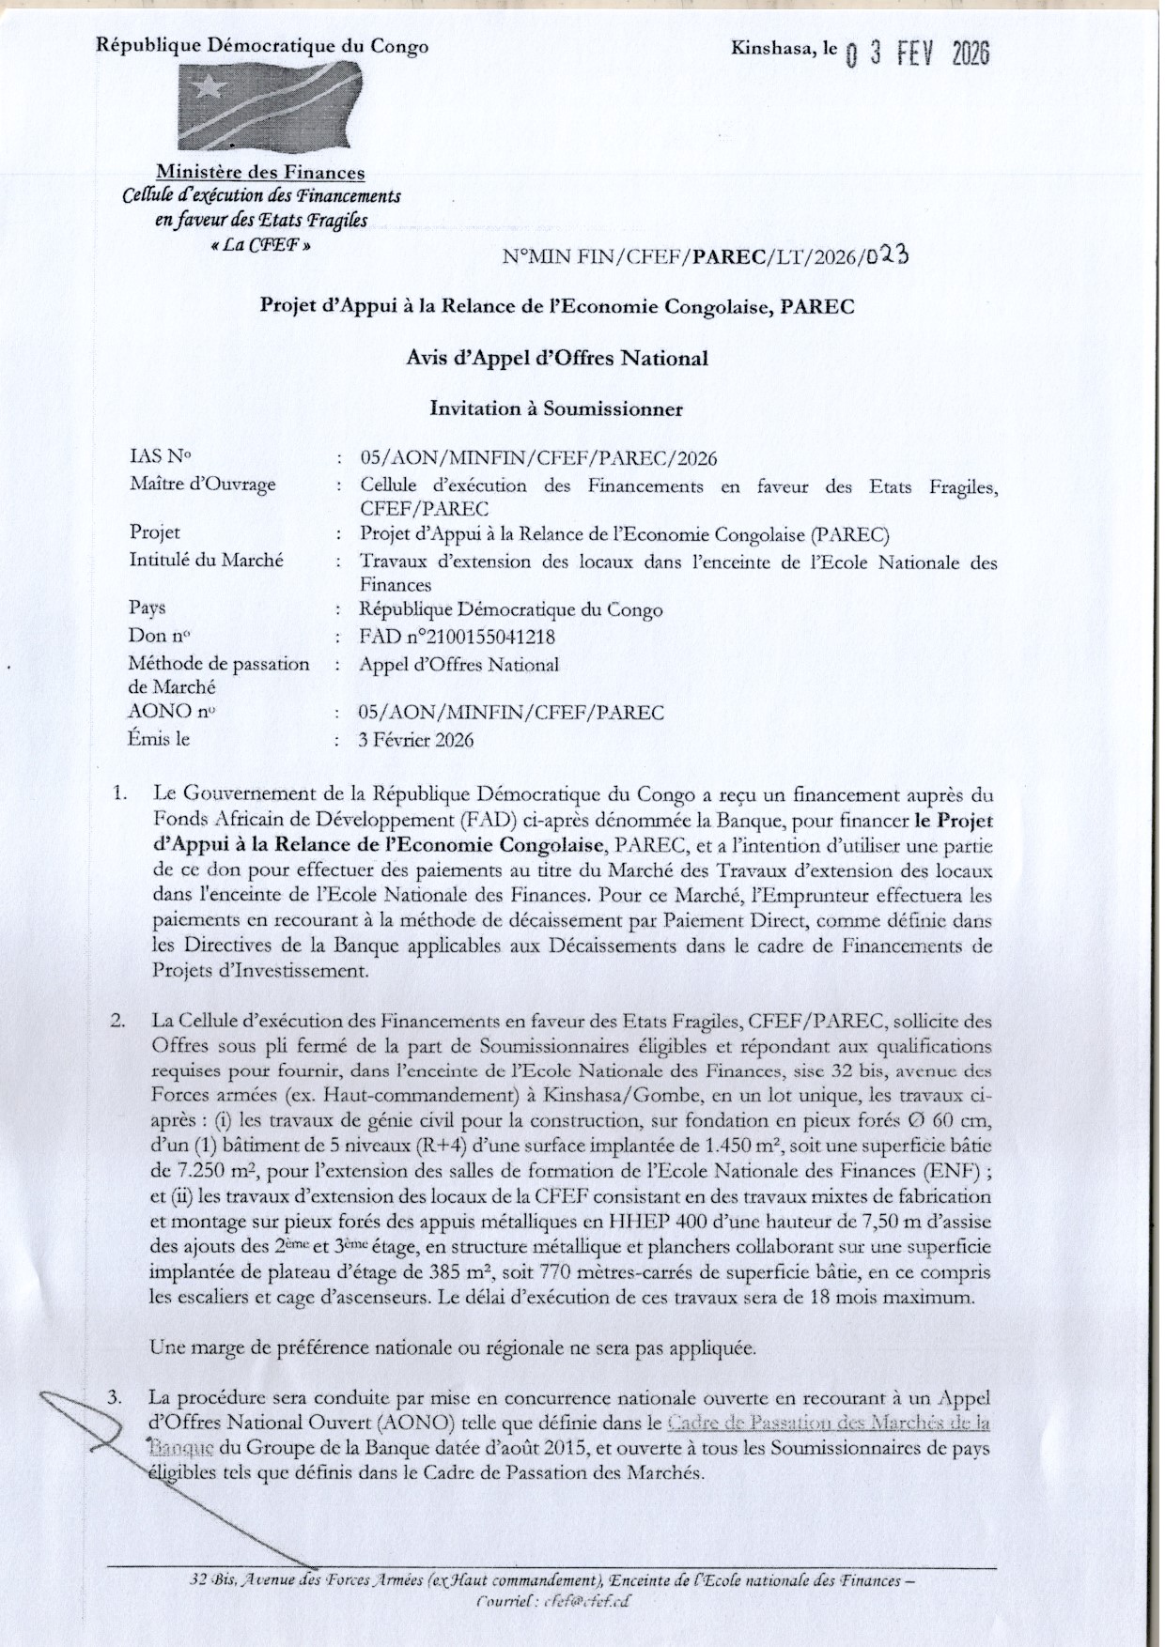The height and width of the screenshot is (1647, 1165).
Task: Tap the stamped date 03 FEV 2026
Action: (918, 54)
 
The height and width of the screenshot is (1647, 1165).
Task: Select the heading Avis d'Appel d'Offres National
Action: (557, 358)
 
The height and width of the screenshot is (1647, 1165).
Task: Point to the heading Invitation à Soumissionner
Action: (556, 408)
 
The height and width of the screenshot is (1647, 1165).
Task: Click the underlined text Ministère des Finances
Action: (260, 173)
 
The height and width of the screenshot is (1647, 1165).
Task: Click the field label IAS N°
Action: (160, 457)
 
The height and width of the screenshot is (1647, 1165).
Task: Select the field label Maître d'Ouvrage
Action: (203, 485)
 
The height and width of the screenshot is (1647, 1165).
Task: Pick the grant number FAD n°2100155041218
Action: (457, 637)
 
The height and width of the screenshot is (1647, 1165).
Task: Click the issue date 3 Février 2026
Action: (416, 739)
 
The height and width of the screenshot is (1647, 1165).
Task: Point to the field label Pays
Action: (148, 608)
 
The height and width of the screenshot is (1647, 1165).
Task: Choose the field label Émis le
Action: (159, 739)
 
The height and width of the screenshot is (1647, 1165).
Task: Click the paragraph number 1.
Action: (119, 794)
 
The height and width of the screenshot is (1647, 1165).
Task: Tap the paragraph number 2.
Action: (119, 1021)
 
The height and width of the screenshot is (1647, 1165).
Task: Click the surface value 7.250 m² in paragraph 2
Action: (203, 1172)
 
